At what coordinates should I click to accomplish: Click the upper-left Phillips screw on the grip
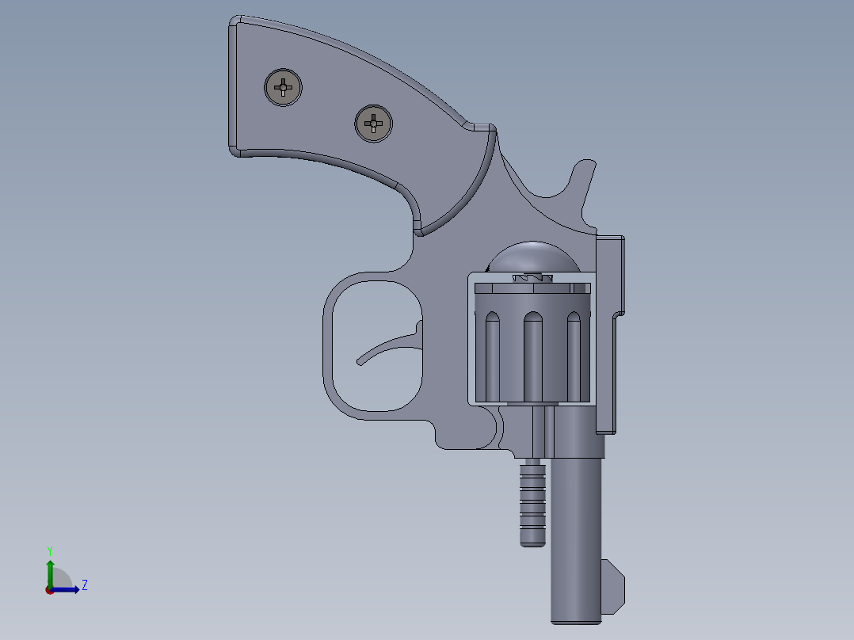coord(283,87)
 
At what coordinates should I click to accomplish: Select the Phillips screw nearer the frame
coord(373,123)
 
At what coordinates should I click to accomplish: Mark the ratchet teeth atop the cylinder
coord(532,278)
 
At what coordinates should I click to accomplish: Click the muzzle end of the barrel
coord(577,618)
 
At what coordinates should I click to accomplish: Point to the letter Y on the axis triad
coord(49,550)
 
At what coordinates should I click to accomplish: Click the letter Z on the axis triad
coord(84,585)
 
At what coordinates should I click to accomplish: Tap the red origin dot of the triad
coord(49,590)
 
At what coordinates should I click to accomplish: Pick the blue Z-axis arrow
coord(67,589)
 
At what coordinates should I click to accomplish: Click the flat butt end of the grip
coord(232,87)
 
